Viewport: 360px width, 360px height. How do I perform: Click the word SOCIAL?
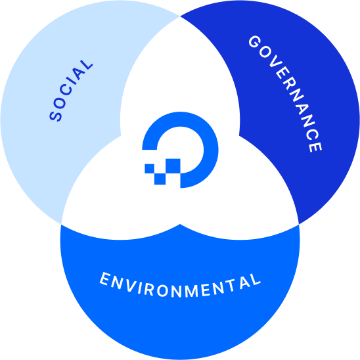click(x=71, y=91)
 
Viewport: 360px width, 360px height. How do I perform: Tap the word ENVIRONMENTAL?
click(x=180, y=285)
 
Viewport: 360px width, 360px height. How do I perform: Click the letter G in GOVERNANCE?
click(x=255, y=42)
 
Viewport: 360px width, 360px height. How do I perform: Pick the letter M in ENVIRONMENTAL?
click(x=192, y=291)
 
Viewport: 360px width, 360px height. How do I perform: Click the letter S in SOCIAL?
click(x=56, y=116)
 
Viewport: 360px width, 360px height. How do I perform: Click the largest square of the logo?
click(x=173, y=166)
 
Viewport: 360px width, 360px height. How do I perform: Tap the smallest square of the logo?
click(x=149, y=169)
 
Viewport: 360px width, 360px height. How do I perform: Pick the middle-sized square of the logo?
click(x=160, y=179)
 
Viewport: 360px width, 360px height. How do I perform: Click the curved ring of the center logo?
click(x=211, y=150)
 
